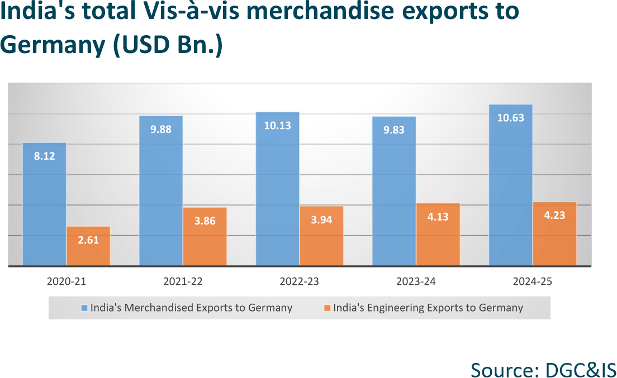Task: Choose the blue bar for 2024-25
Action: coord(510,190)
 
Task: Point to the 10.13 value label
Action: coord(278,126)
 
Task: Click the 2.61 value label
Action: coord(88,241)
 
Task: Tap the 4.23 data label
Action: coord(554,215)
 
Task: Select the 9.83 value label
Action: coord(394,130)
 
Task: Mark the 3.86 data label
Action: coord(205,221)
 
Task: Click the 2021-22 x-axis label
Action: coord(183,281)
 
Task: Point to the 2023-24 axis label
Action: coord(416,281)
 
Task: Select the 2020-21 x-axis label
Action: coord(66,281)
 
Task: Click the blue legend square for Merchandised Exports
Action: coord(84,308)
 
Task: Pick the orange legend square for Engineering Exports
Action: coord(327,308)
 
